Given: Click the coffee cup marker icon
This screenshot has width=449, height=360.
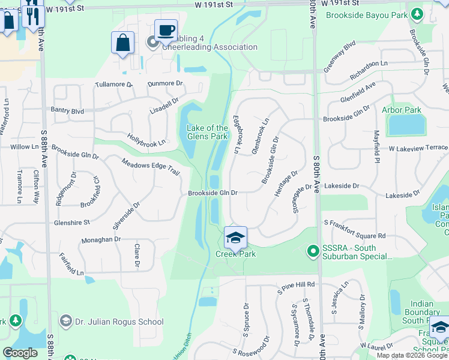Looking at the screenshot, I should tap(166, 29).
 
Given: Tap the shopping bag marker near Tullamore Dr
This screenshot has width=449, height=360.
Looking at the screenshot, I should tap(122, 43).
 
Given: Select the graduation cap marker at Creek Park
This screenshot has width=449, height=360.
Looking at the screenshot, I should tap(236, 238).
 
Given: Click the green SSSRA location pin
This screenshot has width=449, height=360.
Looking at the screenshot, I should tap(312, 250).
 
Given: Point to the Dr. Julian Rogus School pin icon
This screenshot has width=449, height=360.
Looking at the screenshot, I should tap(66, 322).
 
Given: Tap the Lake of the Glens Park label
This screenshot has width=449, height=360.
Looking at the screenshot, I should tap(207, 132).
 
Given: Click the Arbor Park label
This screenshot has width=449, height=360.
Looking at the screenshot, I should tap(402, 110).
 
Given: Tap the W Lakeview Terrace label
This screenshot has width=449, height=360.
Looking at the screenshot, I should tap(418, 148).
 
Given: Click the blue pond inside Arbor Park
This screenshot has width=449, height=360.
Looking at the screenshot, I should tap(406, 124).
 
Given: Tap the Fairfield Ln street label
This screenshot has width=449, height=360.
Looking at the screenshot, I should tap(71, 264).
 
